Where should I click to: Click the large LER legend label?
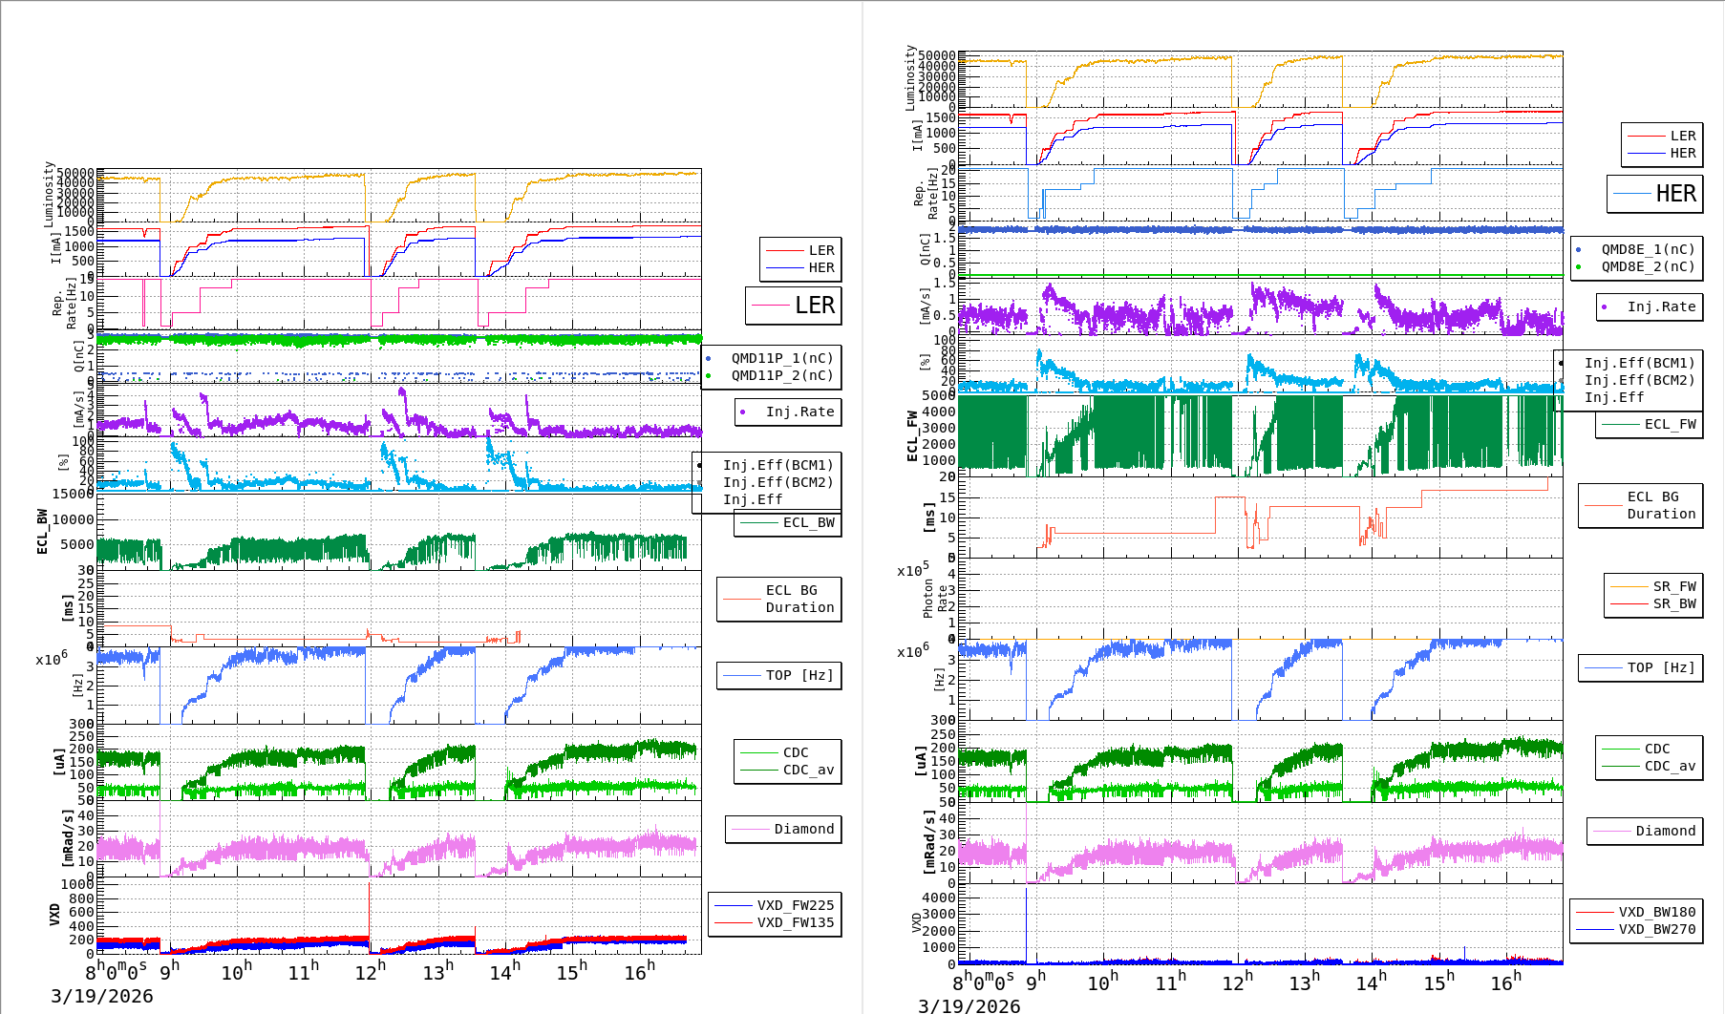[814, 306]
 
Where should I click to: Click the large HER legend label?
[1675, 194]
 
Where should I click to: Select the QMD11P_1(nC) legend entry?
[781, 358]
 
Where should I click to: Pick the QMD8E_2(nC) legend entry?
[1648, 266]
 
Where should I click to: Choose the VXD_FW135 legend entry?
[795, 922]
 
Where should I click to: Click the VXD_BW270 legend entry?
[1656, 929]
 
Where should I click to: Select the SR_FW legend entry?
[1673, 586]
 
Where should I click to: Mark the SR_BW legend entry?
[1673, 603]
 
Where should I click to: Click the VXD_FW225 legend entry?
[795, 905]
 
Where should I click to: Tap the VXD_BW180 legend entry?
[1656, 912]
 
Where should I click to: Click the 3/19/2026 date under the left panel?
[102, 996]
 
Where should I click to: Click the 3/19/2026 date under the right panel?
[969, 1005]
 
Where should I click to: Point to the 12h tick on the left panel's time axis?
[370, 971]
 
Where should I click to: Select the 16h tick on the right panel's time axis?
[1505, 982]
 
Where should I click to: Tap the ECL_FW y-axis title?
[912, 435]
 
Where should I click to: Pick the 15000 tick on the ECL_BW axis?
[73, 494]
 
